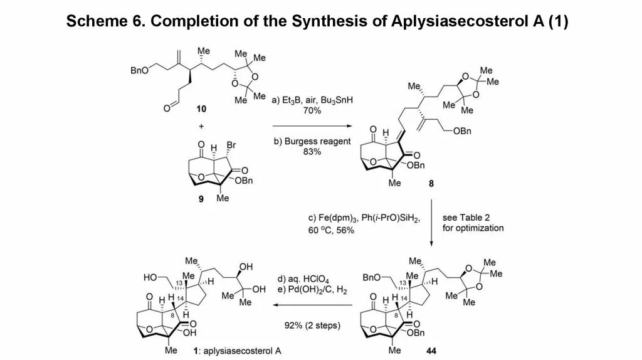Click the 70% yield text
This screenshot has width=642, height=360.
312,110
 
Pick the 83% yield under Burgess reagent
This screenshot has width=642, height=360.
312,152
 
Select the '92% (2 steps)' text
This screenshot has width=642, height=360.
312,326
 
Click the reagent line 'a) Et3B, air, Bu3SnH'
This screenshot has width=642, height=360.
312,100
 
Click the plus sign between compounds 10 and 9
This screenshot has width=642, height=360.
201,126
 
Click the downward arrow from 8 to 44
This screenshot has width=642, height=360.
431,223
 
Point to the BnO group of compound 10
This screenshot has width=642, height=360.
139,71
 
